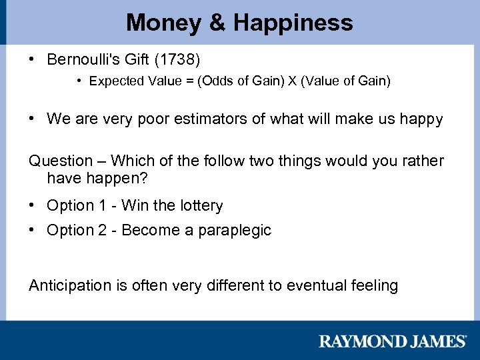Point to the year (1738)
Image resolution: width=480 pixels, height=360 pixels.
pos(177,59)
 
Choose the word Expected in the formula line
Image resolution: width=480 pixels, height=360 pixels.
pos(117,81)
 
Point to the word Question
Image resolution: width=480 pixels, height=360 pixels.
pos(61,161)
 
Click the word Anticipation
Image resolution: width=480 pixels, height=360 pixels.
pos(70,286)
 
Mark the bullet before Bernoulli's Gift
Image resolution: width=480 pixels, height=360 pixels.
pos(32,59)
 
